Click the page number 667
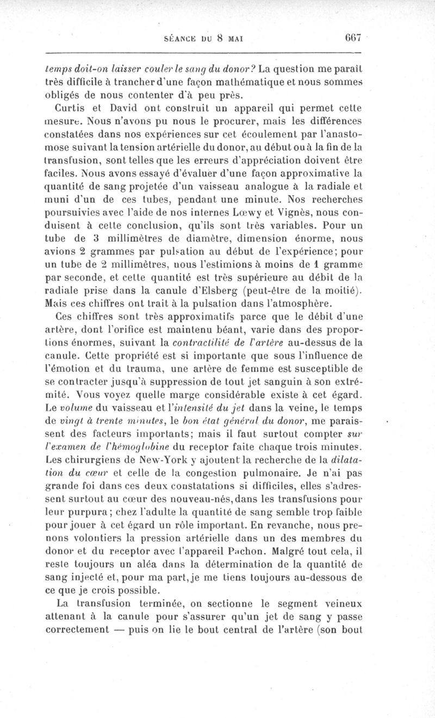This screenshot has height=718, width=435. [x=352, y=39]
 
